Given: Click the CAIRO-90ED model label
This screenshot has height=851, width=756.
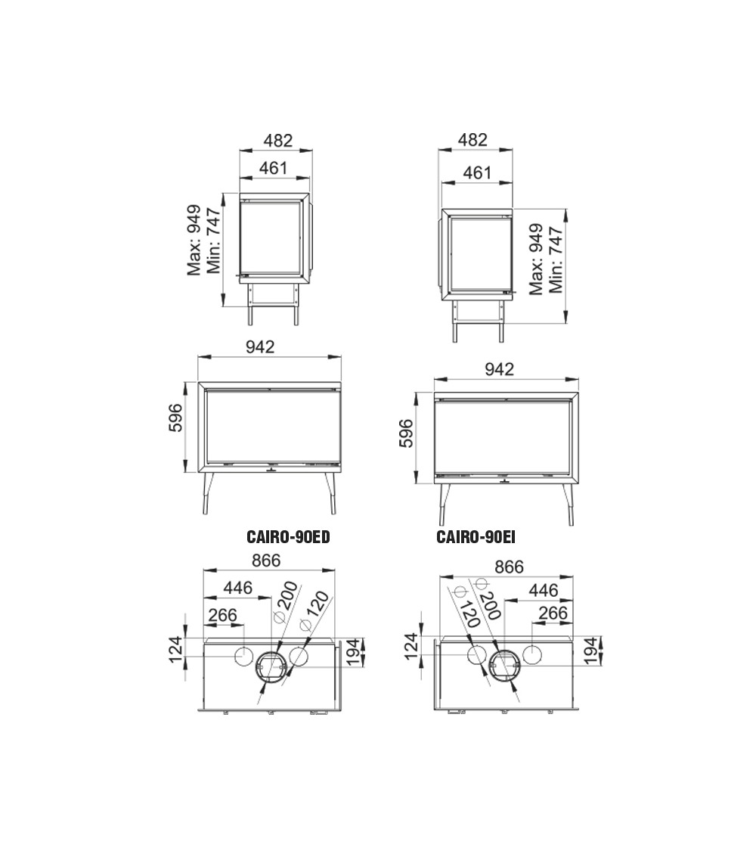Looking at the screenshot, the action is coord(288,537).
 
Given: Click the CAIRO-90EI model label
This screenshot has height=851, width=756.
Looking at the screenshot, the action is coord(476,537).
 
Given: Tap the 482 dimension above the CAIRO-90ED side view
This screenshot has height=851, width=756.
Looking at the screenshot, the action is coord(278,141).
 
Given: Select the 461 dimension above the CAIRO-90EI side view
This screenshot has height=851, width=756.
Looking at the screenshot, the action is coord(477,172).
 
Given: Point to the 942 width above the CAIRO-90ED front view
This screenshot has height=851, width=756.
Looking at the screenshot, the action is coord(260,346).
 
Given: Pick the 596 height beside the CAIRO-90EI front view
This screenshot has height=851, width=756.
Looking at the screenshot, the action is coord(406,433).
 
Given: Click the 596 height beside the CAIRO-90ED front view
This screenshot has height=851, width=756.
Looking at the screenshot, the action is coord(175,418).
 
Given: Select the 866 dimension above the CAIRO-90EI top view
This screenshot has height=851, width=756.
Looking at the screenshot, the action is coord(510,567).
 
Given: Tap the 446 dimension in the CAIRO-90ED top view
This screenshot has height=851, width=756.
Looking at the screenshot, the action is coord(238,588).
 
